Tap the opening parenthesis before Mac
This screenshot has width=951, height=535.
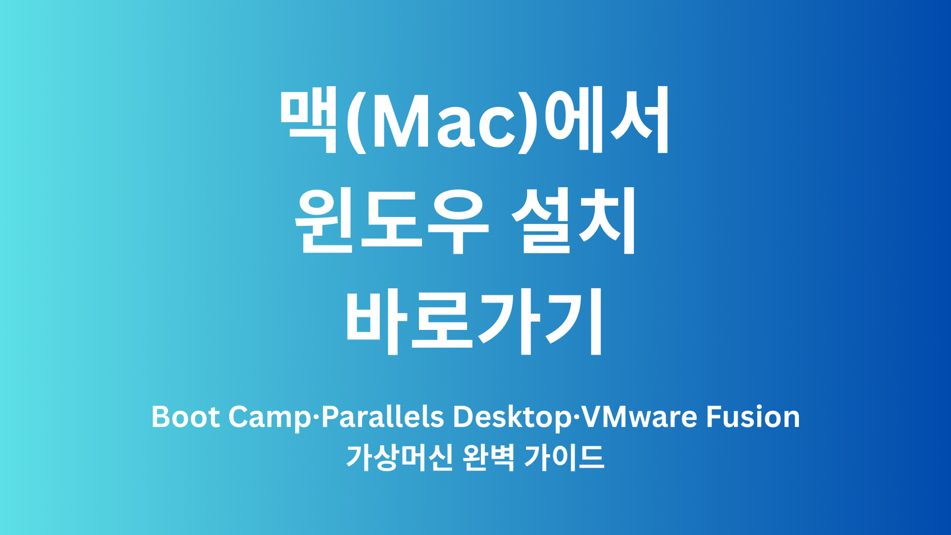(355, 121)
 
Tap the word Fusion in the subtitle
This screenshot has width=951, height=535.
(753, 417)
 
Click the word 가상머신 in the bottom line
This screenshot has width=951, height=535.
(399, 458)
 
